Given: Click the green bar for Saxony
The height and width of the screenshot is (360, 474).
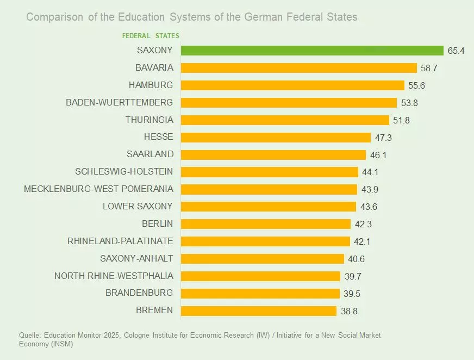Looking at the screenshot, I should [x=312, y=51].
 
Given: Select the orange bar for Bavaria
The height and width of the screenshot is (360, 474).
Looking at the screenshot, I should [x=298, y=68].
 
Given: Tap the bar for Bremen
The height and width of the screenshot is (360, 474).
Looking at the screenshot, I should [x=258, y=311].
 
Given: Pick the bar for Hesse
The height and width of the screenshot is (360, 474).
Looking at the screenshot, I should [x=275, y=138].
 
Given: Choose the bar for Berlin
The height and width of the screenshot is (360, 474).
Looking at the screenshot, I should [x=265, y=224].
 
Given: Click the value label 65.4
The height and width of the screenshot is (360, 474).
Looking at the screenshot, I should [x=457, y=51].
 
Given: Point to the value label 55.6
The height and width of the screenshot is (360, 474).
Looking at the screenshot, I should [x=417, y=86].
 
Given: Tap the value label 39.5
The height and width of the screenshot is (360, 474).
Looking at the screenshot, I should [x=352, y=294].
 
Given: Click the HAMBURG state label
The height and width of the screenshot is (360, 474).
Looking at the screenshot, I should [x=151, y=85].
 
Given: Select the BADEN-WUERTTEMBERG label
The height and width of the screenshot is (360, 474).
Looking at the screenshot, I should [x=119, y=102].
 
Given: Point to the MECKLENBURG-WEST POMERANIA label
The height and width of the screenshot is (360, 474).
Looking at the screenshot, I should [x=98, y=189].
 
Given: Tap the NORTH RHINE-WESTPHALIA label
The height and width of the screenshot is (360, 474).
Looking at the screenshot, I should [x=114, y=276].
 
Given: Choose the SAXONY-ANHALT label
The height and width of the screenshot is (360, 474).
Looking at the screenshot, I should [x=136, y=258].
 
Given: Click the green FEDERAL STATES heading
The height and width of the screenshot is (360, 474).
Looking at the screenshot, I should [x=151, y=36].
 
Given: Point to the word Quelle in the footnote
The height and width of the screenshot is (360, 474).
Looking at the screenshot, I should [x=29, y=336].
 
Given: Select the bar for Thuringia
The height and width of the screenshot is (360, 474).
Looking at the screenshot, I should [x=285, y=120].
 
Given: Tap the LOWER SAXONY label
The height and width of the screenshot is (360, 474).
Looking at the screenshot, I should [x=138, y=206].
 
